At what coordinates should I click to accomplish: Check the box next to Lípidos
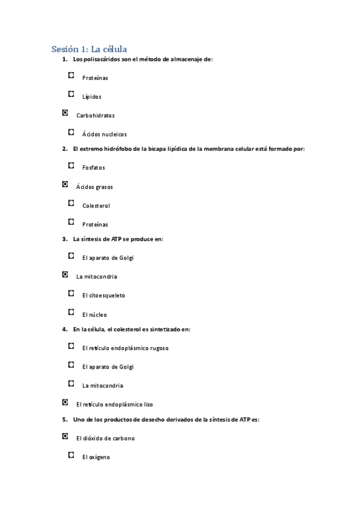[x=72, y=94]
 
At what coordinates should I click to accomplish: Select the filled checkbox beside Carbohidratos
[x=65, y=112]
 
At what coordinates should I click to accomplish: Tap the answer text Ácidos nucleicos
[x=105, y=135]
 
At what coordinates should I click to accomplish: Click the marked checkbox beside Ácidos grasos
[x=65, y=184]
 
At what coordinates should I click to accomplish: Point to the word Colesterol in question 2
[x=96, y=206]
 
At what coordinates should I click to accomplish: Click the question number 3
[x=65, y=239]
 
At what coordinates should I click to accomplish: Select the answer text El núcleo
[x=95, y=315]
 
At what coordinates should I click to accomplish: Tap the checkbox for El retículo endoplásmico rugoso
[x=72, y=346]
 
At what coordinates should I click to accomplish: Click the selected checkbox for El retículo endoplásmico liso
[x=65, y=402]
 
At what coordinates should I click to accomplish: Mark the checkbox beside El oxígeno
[x=72, y=455]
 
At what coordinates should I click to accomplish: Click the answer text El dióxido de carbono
[x=105, y=438]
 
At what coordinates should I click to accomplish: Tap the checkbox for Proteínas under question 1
[x=72, y=75]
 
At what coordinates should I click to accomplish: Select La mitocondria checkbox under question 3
[x=65, y=274]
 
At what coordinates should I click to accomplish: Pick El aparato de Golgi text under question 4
[x=108, y=367]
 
